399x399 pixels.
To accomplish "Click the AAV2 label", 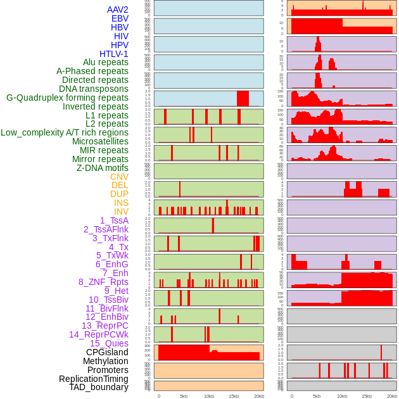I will [118, 9].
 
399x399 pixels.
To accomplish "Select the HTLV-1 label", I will [114, 54].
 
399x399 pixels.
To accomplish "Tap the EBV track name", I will [120, 18].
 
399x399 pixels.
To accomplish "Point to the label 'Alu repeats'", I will [106, 62].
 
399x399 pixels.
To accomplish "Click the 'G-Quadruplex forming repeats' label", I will [67, 98].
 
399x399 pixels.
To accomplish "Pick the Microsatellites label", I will [100, 141].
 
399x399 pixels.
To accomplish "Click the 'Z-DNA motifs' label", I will [103, 168].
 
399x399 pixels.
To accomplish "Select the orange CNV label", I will [119, 177].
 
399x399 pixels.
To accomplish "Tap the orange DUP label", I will [119, 194].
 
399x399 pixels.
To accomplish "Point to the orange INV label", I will [121, 212].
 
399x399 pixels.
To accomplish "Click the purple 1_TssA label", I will [114, 220].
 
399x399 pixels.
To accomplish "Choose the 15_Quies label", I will [109, 343].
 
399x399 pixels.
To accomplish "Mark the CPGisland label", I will [107, 352].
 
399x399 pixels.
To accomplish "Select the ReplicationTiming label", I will [94, 379].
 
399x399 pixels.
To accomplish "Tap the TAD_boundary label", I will [99, 387].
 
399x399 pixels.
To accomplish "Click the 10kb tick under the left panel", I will [209, 396].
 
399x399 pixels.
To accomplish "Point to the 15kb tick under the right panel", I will [367, 396].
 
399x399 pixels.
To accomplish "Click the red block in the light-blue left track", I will [243, 98].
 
